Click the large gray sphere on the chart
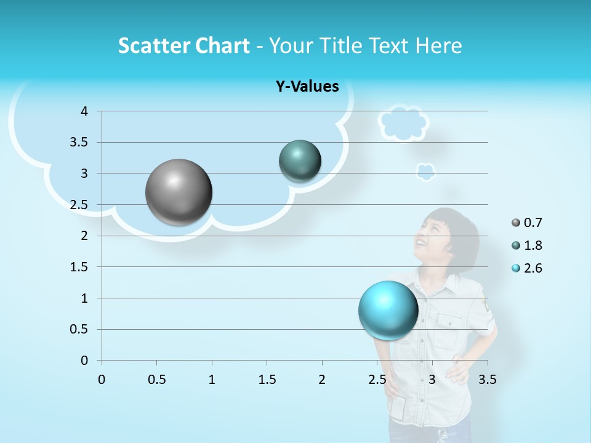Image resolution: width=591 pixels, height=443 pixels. tap(179, 192)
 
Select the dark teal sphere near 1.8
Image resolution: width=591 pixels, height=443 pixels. tap(300, 161)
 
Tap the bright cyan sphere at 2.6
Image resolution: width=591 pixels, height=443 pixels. tap(388, 310)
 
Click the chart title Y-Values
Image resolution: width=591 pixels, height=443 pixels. tap(307, 87)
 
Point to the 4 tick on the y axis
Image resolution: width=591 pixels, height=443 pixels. tap(84, 111)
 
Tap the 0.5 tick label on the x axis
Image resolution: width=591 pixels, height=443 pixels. tap(156, 380)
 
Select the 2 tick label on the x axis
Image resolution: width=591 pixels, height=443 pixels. tap(322, 380)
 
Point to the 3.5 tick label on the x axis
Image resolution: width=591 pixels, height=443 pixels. tap(487, 380)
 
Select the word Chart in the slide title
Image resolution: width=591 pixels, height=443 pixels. tap(222, 46)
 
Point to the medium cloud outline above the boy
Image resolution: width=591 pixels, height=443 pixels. tap(403, 122)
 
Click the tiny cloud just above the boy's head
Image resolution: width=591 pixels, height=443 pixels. tap(425, 172)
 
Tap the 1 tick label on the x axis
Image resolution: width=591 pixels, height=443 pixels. tap(212, 380)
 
